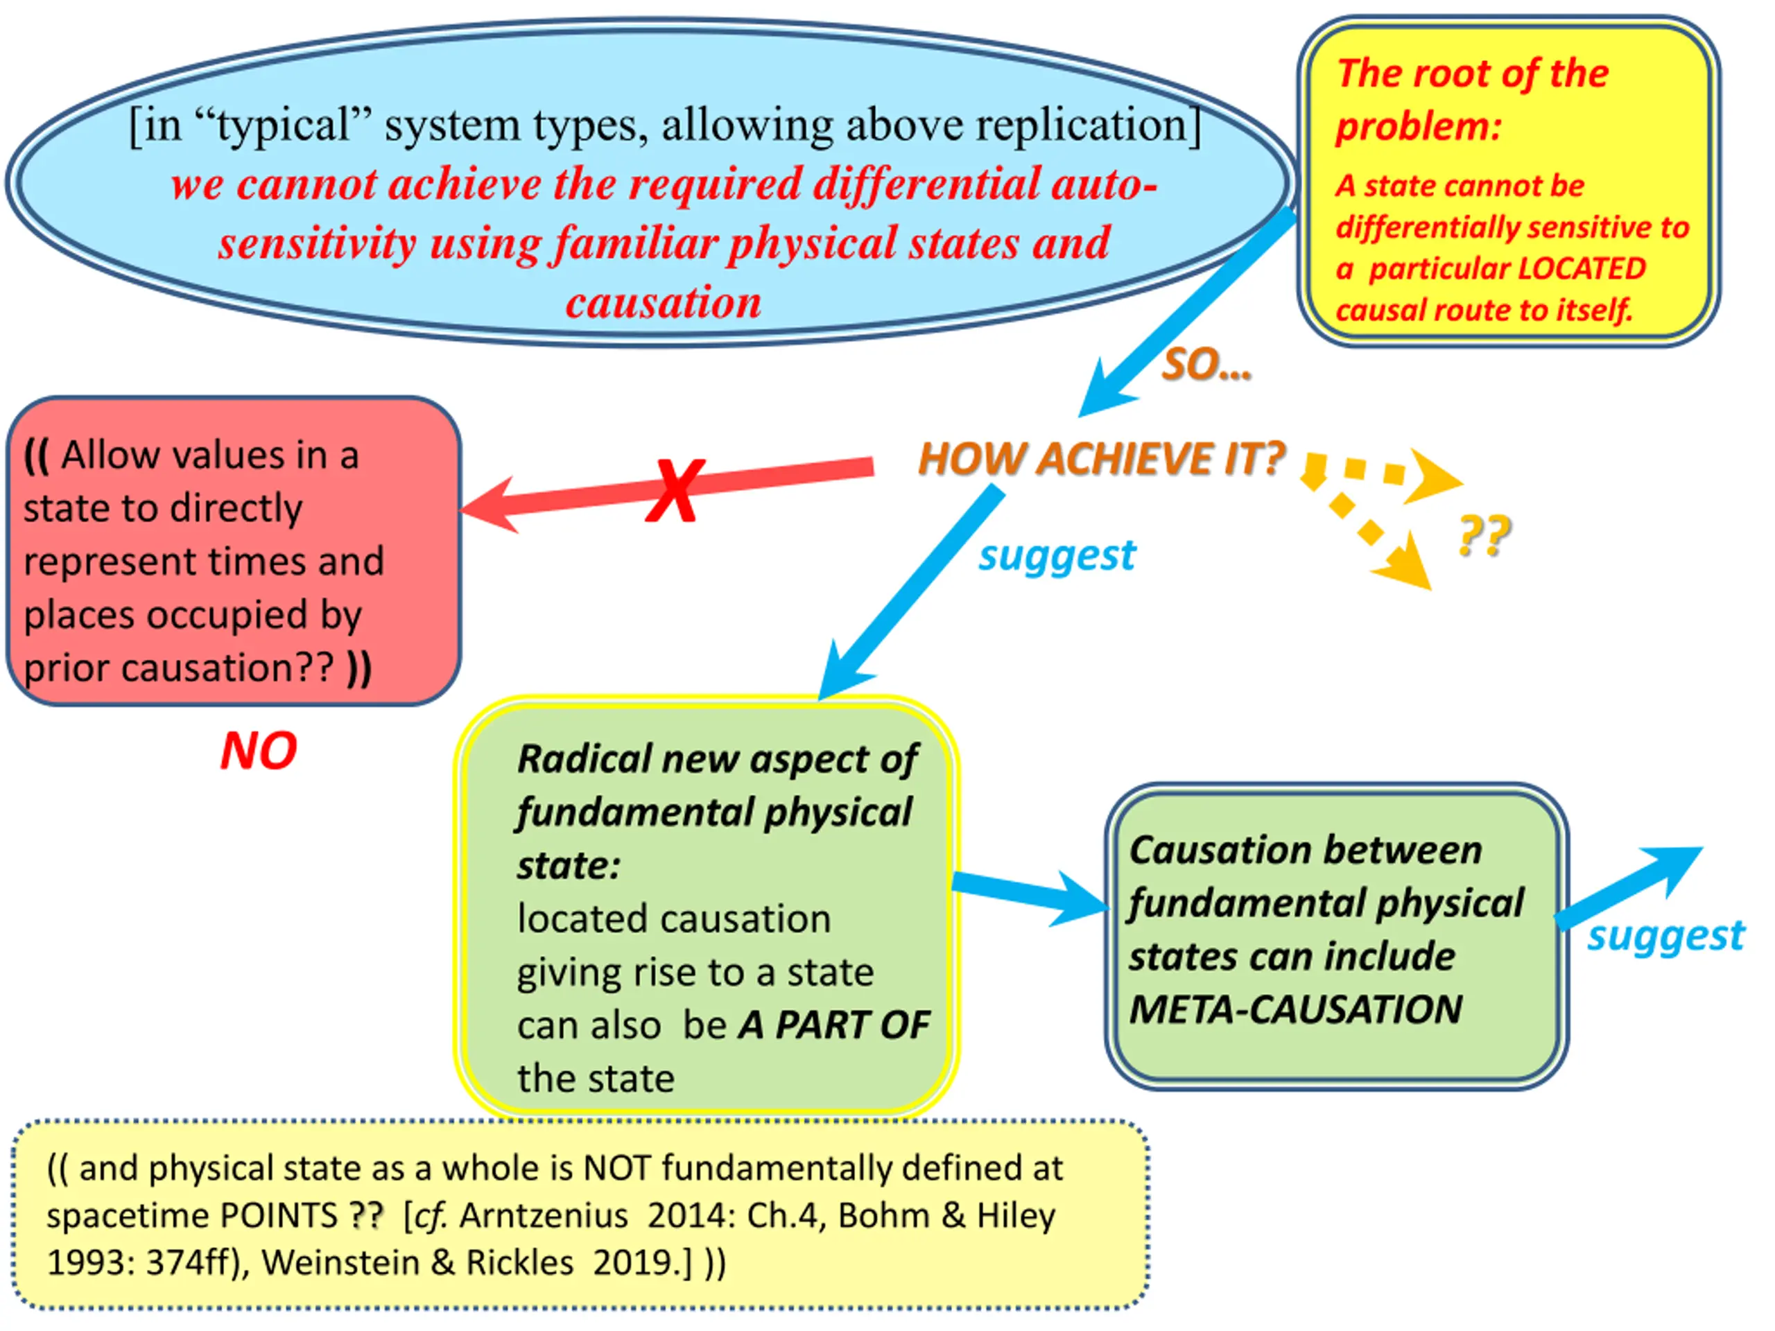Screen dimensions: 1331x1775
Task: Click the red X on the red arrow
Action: click(675, 490)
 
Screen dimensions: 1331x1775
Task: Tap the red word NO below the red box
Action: click(259, 751)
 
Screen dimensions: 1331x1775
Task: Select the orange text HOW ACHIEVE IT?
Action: click(1101, 459)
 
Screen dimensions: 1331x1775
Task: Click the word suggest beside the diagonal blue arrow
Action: click(1057, 555)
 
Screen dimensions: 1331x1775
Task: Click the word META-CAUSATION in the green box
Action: click(1295, 1009)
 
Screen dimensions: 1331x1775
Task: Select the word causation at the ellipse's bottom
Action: click(663, 303)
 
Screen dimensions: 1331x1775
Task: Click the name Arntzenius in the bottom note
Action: click(544, 1215)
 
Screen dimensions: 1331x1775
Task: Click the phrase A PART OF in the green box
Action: click(833, 1025)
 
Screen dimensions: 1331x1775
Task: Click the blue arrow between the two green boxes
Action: click(1031, 894)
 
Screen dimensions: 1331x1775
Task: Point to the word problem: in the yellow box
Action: click(1417, 127)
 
